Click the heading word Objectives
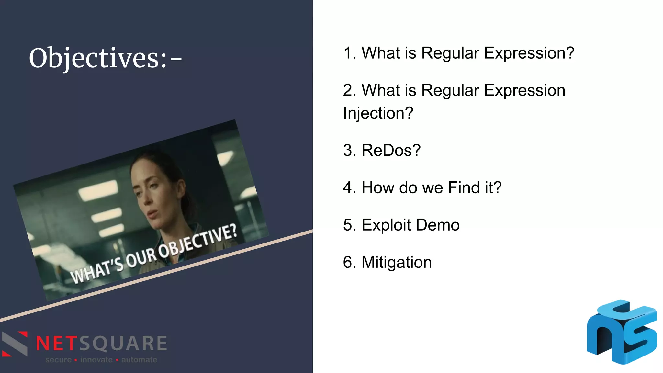[x=97, y=58]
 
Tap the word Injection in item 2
[x=378, y=113]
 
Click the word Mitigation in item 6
[x=397, y=262]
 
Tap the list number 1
[x=348, y=53]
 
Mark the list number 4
[x=348, y=188]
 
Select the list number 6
[x=348, y=262]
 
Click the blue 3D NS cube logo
[x=622, y=332]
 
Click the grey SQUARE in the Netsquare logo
[x=123, y=344]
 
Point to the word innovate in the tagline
[x=96, y=360]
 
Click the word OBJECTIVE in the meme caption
[x=197, y=241]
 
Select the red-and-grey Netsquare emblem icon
[x=15, y=344]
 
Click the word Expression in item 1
[x=529, y=53]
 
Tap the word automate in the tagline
[x=139, y=360]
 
